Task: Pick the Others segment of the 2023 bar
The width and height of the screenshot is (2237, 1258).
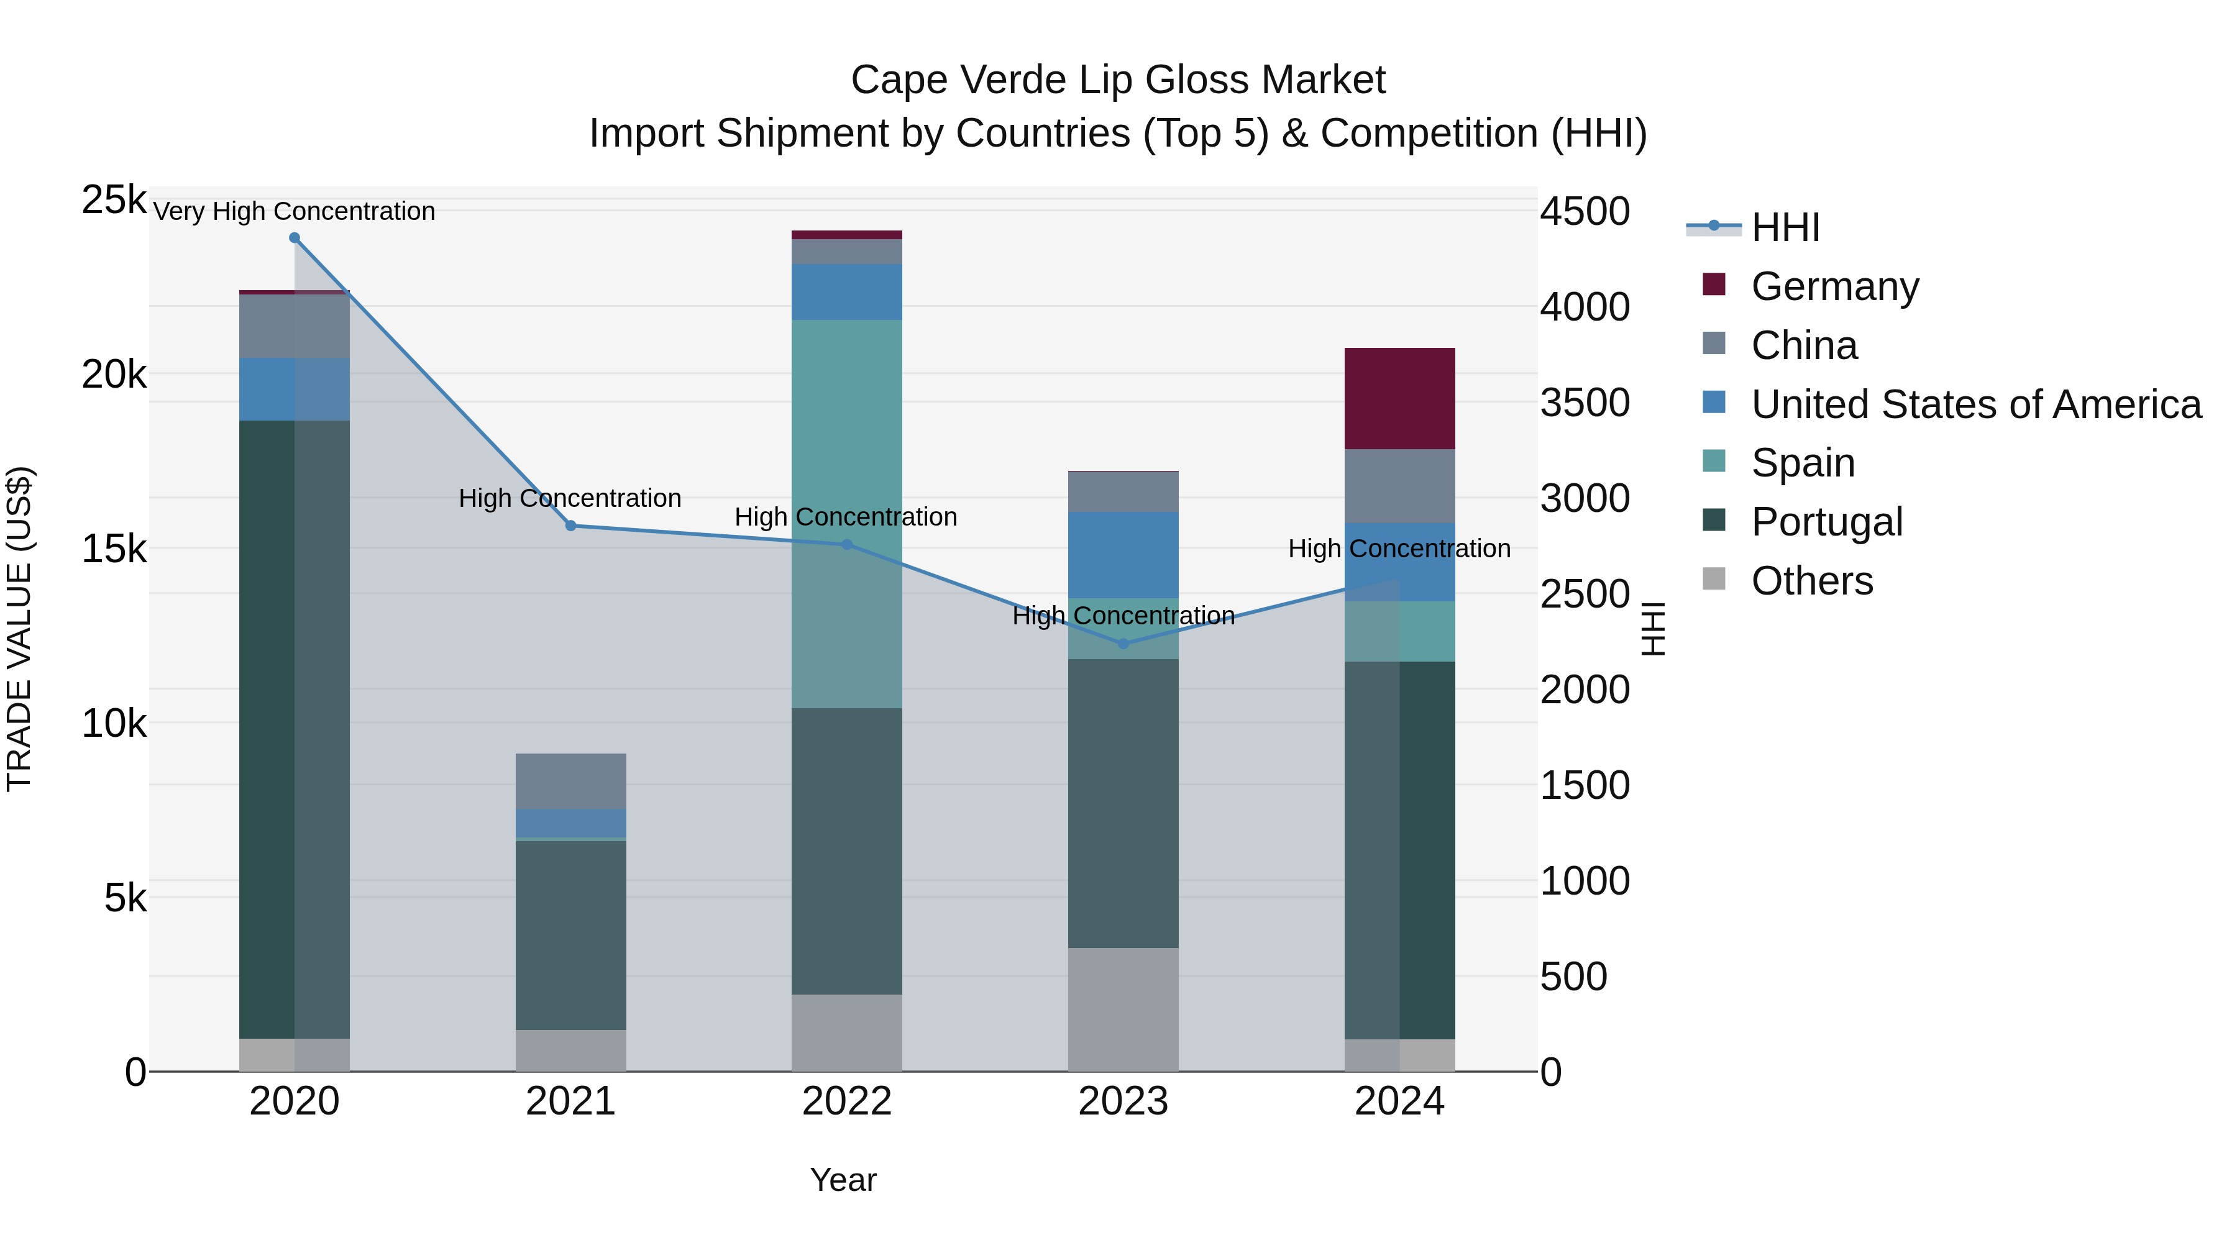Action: coord(1123,1009)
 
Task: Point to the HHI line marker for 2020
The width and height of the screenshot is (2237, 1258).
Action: coord(295,238)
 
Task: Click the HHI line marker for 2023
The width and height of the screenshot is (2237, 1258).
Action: coord(1123,644)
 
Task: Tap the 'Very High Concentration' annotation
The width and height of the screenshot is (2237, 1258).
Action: coord(295,212)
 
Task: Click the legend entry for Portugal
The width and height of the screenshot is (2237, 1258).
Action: coord(1826,522)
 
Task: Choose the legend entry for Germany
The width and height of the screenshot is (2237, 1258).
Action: coord(1834,286)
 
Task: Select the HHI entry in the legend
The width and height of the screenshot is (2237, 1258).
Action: coord(1785,227)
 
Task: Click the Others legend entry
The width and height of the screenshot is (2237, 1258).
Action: coord(1811,581)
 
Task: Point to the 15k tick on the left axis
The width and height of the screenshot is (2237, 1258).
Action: coord(114,549)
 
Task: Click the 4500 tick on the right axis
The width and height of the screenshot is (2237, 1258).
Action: coord(1585,212)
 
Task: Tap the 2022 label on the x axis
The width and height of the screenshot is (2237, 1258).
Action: coord(847,1101)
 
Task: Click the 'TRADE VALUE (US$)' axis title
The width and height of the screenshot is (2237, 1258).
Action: coord(19,629)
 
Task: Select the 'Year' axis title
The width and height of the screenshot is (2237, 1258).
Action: coord(843,1180)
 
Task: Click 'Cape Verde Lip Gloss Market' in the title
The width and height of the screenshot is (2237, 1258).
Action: coord(1118,80)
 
